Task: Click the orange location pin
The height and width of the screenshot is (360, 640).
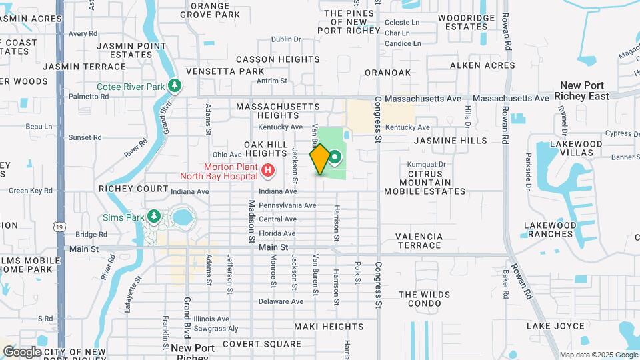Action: click(x=320, y=159)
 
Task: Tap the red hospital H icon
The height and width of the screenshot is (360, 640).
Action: click(x=268, y=171)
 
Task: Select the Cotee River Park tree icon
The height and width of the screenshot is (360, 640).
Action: click(x=175, y=85)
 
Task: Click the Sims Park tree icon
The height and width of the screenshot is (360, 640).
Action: click(x=154, y=216)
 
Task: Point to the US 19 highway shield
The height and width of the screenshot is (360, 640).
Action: click(x=60, y=228)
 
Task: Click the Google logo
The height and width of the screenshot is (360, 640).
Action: click(x=21, y=351)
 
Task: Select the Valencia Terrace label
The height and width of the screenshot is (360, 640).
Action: click(x=419, y=241)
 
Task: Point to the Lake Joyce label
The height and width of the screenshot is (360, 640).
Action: click(x=555, y=326)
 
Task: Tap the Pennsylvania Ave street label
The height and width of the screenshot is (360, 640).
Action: click(x=287, y=205)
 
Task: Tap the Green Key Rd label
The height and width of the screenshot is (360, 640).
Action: click(x=31, y=191)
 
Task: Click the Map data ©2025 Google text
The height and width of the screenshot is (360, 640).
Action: click(x=598, y=355)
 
